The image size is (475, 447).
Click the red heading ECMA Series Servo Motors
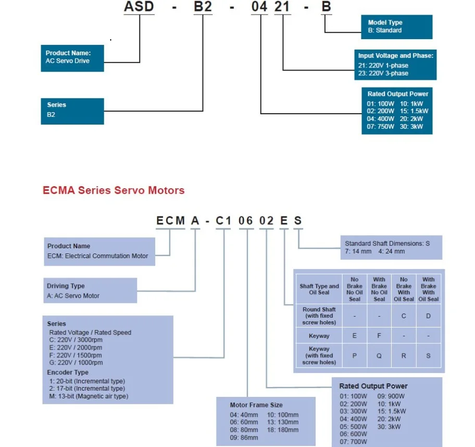pos(114,190)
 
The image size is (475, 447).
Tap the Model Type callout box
pos(396,27)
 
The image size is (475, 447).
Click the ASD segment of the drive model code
pos(139,8)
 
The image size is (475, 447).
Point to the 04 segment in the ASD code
pos(260,8)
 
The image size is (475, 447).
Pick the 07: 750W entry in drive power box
pos(381,127)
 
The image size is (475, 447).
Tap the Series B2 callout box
pos(72,110)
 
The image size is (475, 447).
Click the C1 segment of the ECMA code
pos(223,221)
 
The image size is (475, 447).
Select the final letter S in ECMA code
pos(297,221)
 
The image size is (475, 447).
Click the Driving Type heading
pos(66,286)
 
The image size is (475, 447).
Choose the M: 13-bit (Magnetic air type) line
pos(87,396)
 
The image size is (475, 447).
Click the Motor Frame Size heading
pos(256,405)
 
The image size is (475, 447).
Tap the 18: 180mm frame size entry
pos(283,430)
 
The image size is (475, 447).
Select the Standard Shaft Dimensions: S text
pos(387,243)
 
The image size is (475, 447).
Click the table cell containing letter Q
pos(379,355)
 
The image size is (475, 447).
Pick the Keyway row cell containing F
pos(379,336)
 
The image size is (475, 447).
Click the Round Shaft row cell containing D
pos(428,316)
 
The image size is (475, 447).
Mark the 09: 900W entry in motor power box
pos(391,396)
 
